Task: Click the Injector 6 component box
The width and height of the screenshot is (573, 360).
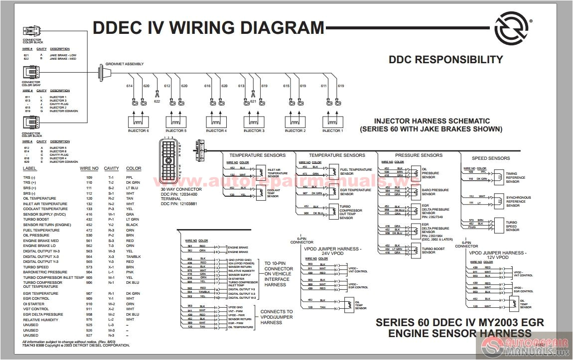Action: pyautogui.click(x=138, y=121)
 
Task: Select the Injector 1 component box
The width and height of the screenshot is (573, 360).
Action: pyautogui.click(x=332, y=121)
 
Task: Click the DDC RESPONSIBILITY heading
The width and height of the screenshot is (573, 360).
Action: pyautogui.click(x=445, y=60)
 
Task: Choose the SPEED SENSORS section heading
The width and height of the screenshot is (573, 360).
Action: pyautogui.click(x=491, y=158)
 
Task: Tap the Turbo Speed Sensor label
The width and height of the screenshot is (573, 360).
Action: pyautogui.click(x=512, y=226)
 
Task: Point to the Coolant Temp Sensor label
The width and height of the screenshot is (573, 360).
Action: pyautogui.click(x=273, y=193)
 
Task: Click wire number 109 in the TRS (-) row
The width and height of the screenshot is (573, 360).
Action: pyautogui.click(x=90, y=178)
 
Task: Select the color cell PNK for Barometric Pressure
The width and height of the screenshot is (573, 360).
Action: pyautogui.click(x=130, y=272)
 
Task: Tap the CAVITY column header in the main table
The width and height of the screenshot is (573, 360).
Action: pyautogui.click(x=111, y=168)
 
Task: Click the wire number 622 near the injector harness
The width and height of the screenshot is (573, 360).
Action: pyautogui.click(x=157, y=101)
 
